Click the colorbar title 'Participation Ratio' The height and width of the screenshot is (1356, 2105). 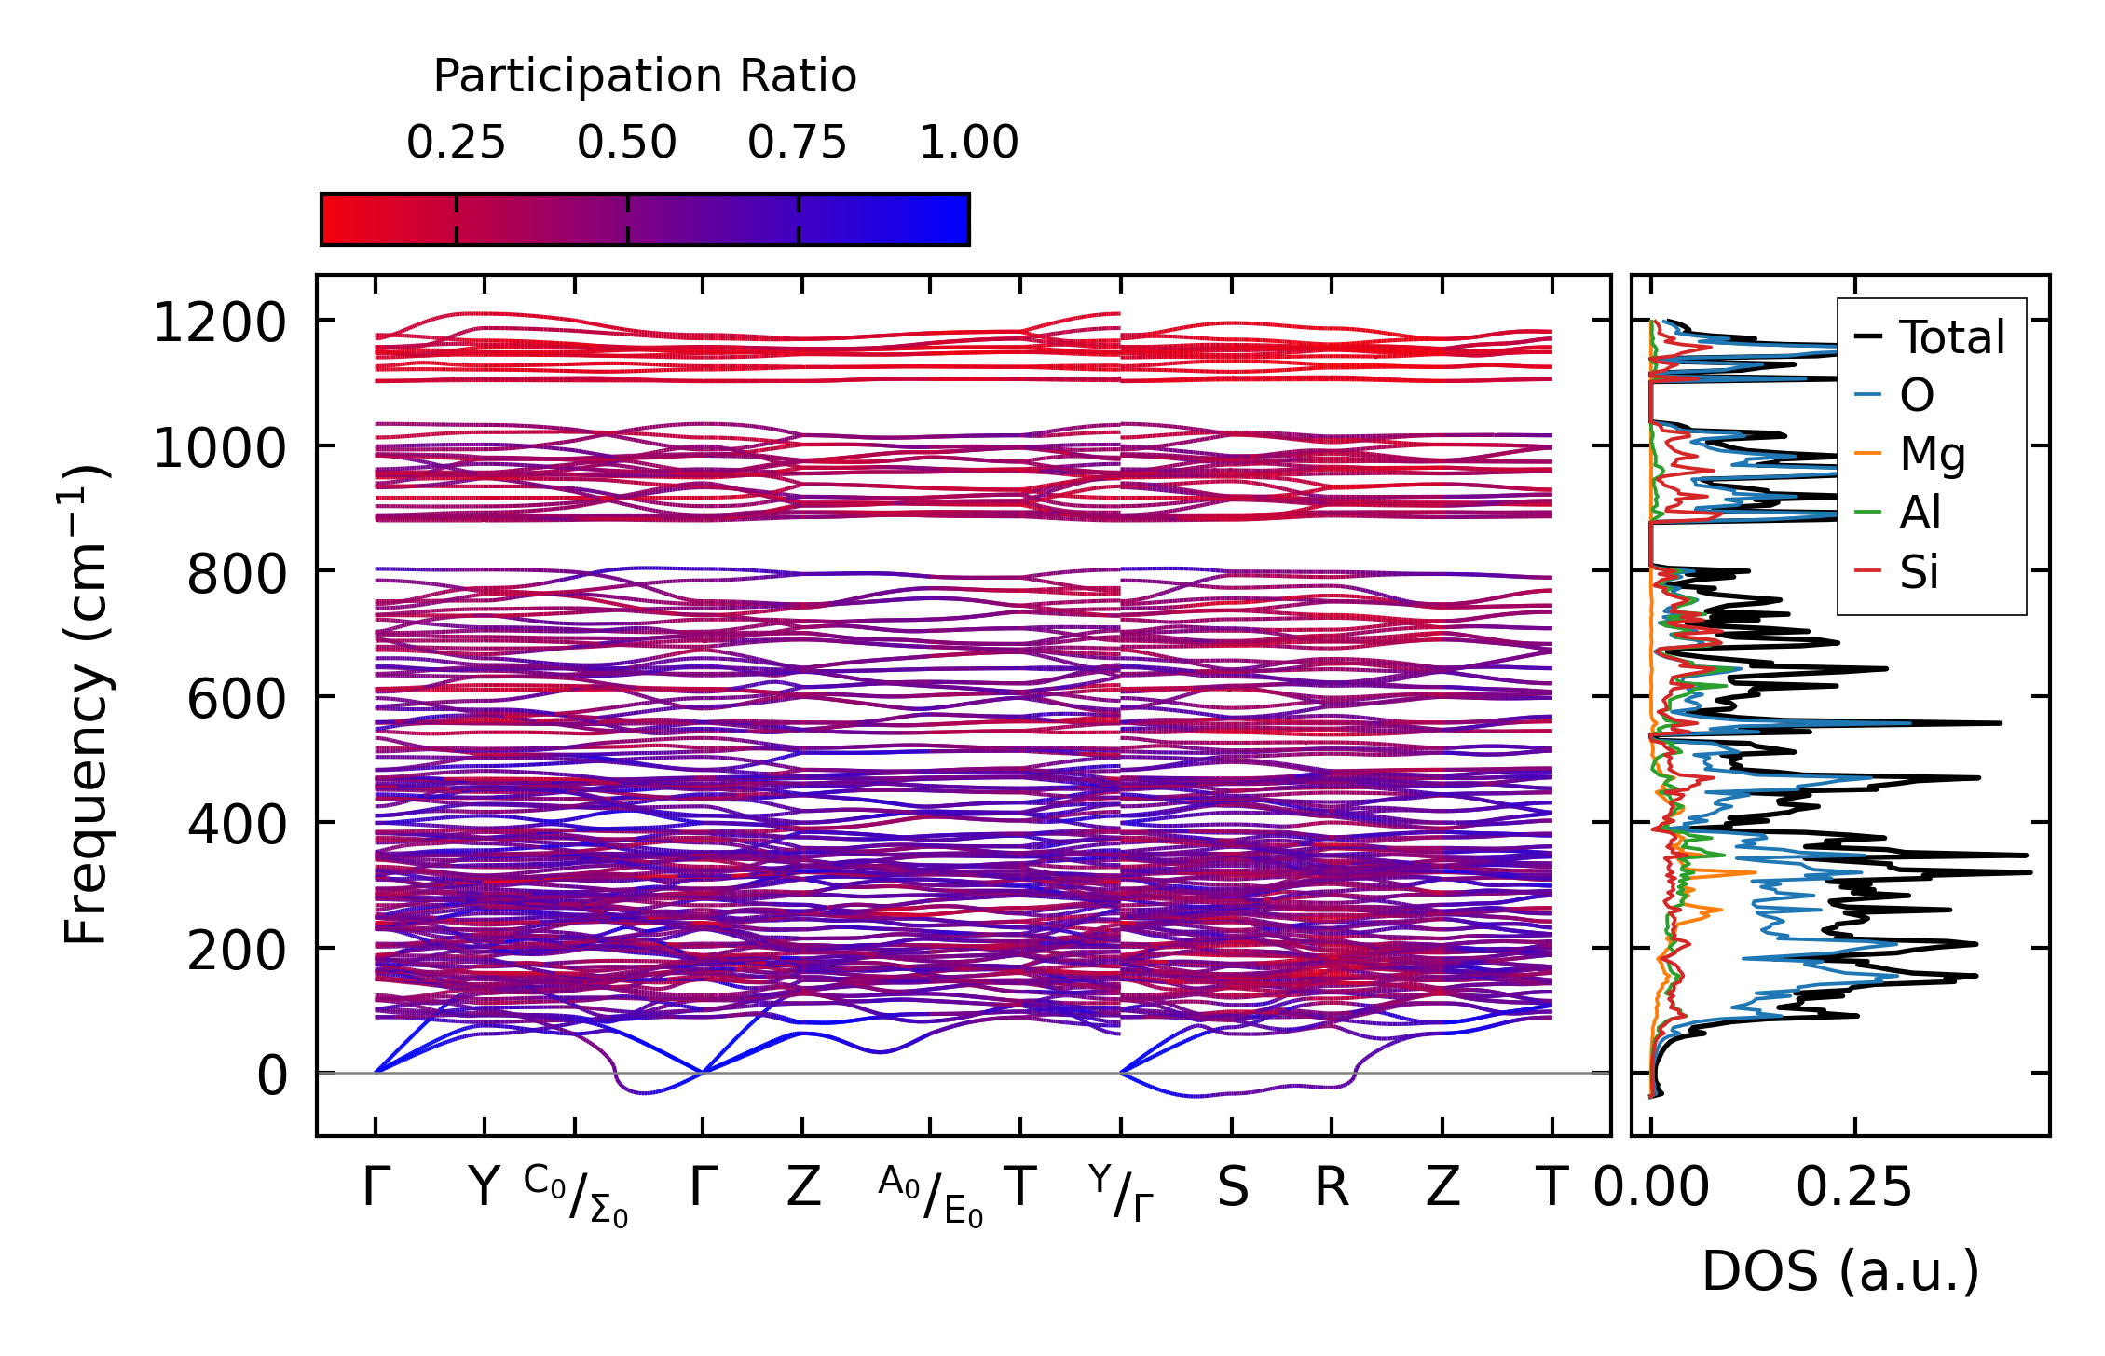(x=645, y=76)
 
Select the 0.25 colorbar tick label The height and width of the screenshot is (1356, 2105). (x=456, y=143)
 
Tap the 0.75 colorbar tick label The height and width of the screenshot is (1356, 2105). (x=798, y=143)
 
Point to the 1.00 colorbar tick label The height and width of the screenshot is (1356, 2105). (x=969, y=143)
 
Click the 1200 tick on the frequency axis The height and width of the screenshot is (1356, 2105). (x=219, y=323)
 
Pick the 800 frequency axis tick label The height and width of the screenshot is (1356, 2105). (x=237, y=574)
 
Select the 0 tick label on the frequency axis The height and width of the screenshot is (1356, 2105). (x=272, y=1075)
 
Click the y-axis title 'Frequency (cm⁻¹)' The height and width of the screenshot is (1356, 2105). (x=86, y=705)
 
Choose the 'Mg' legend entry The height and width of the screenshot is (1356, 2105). (x=1933, y=455)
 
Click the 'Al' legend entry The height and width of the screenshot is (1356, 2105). (x=1920, y=513)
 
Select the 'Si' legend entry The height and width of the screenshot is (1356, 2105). (x=1920, y=571)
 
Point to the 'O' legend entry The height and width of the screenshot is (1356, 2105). (x=1917, y=396)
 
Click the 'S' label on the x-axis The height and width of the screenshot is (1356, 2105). (x=1232, y=1188)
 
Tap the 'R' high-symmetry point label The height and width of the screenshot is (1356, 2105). (x=1332, y=1188)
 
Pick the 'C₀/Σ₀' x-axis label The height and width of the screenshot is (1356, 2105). (x=576, y=1195)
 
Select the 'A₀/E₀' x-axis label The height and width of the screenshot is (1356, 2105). (x=930, y=1195)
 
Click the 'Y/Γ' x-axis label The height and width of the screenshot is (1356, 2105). (x=1121, y=1193)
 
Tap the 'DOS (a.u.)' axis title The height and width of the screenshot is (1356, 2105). (x=1840, y=1272)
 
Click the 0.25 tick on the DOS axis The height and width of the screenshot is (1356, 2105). (x=1854, y=1188)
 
